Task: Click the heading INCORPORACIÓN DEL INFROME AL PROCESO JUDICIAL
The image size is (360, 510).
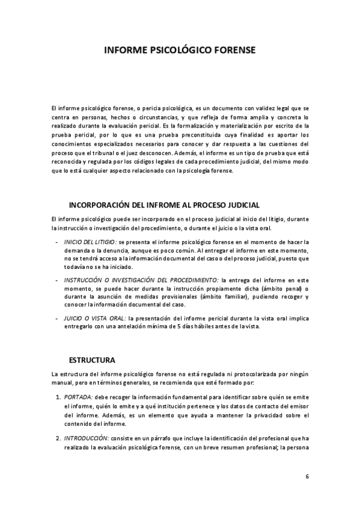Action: point(164,204)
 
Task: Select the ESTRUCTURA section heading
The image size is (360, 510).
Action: point(92,360)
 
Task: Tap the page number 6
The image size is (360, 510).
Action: point(307,477)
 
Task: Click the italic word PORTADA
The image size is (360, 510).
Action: point(78,398)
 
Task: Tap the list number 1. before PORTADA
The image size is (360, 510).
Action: point(58,398)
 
